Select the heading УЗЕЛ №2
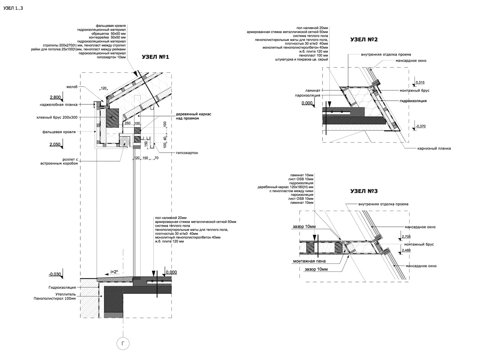pos(364,40)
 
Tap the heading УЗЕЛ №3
pos(364,191)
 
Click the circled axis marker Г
pos(123,344)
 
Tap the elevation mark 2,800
pos(55,98)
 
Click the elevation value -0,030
pos(55,274)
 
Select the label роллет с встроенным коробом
pos(58,161)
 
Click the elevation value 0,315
pos(420,82)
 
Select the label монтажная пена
pos(309,261)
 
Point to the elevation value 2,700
pos(406,236)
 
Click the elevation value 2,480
pos(406,250)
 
